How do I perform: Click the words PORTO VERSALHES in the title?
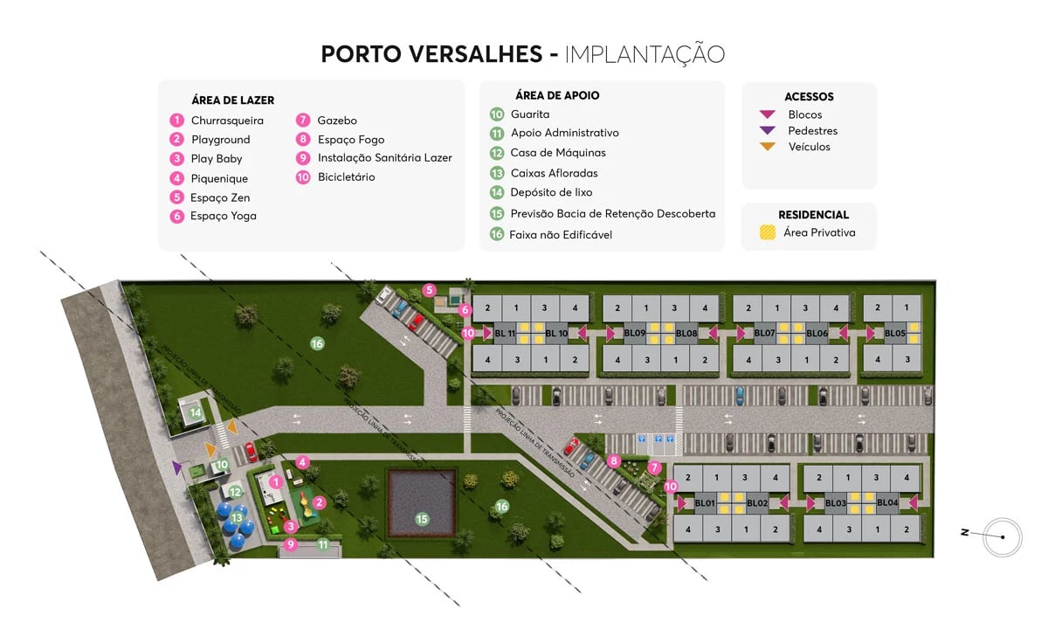431,54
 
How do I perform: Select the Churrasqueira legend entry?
227,121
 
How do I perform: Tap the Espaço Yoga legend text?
224,216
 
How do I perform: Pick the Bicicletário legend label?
346,177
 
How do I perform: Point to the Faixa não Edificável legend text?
561,234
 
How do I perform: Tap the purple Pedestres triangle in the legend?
768,131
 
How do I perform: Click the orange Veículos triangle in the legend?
768,147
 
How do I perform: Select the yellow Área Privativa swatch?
768,232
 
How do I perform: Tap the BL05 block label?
894,333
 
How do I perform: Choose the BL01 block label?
705,502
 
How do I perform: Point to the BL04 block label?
887,502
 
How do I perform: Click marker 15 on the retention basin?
422,519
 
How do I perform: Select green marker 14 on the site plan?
196,412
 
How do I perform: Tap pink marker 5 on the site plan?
429,290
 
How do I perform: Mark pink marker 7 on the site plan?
654,467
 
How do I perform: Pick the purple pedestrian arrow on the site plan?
178,468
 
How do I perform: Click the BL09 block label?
634,333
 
